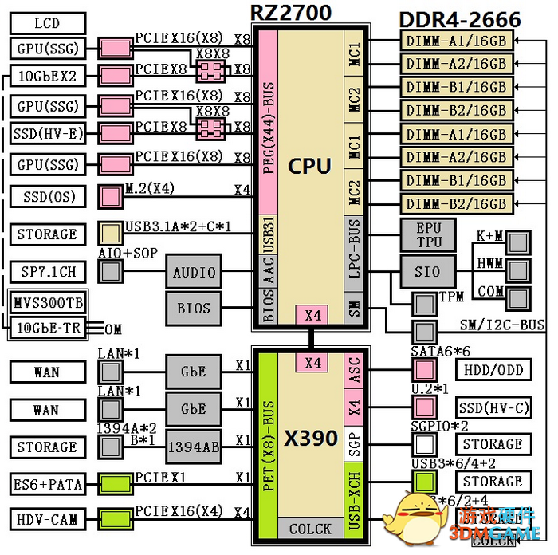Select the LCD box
tap(46, 23)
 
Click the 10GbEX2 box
tap(46, 77)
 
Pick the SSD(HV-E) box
tap(46, 132)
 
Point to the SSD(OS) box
tap(46, 196)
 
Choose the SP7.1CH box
tap(46, 272)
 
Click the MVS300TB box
tap(46, 303)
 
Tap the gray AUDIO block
tap(194, 272)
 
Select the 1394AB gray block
tap(194, 447)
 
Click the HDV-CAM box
tap(46, 519)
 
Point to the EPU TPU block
tap(429, 235)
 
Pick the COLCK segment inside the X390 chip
tap(310, 528)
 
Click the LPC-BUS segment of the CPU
tap(355, 257)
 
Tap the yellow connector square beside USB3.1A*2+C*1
tap(110, 234)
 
